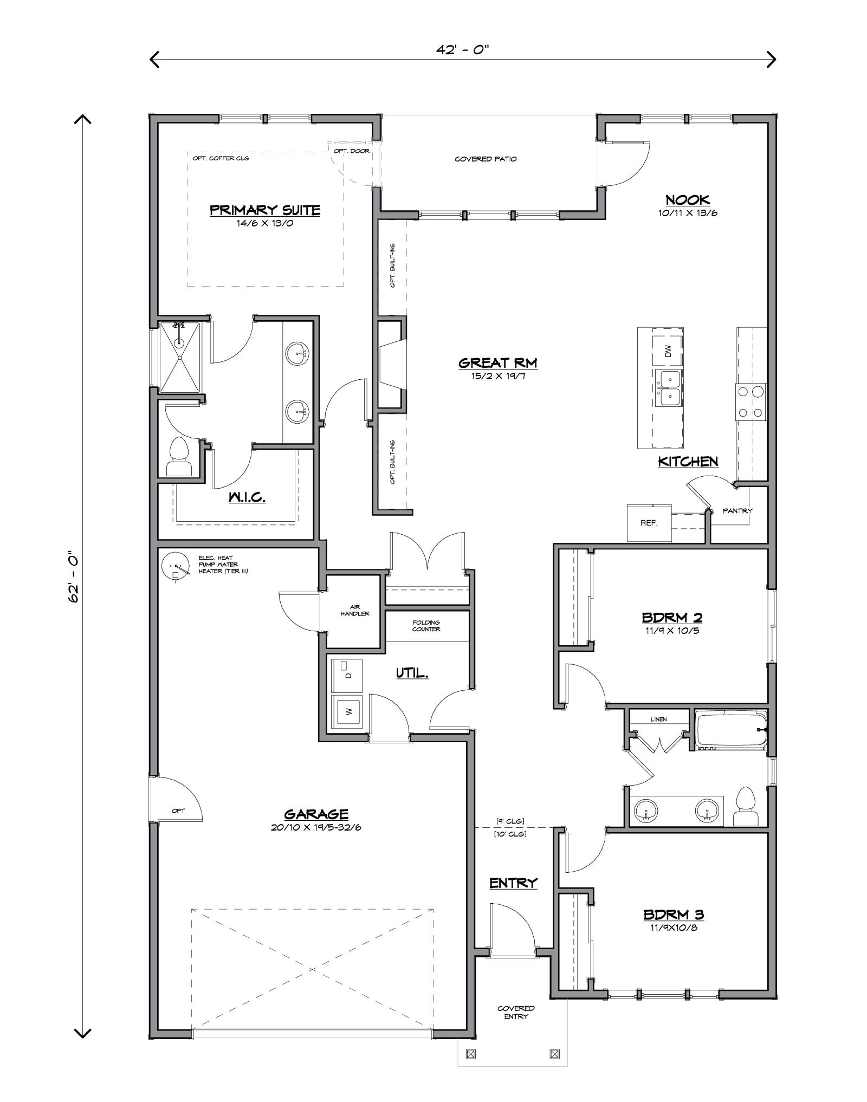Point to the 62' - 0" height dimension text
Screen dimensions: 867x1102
[74, 578]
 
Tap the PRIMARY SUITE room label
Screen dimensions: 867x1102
[265, 210]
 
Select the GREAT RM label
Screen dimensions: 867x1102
[497, 362]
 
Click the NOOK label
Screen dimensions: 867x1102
[688, 199]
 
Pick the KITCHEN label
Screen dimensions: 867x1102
[688, 461]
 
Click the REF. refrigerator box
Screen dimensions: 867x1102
[649, 523]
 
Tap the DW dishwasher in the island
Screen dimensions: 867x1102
[668, 351]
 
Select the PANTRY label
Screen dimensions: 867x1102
[737, 510]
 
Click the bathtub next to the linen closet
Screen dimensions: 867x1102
[731, 730]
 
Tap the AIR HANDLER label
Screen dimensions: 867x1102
[355, 610]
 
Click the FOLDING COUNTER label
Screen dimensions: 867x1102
[426, 626]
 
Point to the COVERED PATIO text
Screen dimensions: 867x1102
[486, 159]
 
